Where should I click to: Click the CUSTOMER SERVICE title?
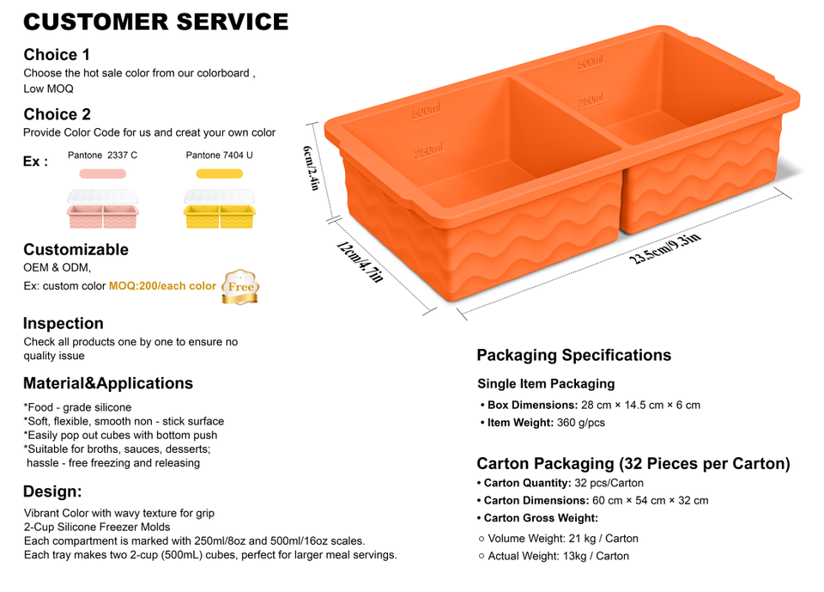155,21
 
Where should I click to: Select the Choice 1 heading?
57,55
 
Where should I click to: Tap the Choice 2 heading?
57,114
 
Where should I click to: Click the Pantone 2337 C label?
102,156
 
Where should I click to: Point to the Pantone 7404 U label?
219,156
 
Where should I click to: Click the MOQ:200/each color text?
162,286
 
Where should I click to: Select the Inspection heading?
64,324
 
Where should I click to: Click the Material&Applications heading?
108,383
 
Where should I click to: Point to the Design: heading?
52,491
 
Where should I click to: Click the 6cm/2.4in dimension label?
312,168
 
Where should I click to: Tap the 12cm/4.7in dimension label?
360,262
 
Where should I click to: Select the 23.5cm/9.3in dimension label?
667,248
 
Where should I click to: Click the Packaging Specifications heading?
573,355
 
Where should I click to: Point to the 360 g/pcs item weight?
580,423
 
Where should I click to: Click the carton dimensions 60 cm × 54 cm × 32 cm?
650,500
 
